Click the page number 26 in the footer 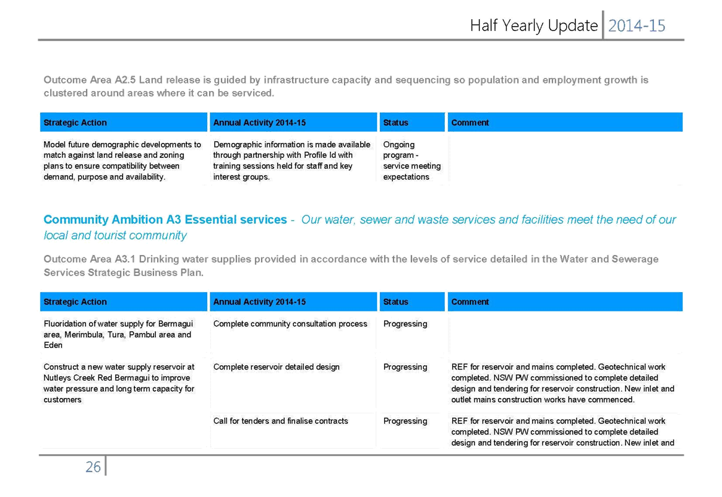click(x=93, y=467)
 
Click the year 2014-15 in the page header click(x=637, y=26)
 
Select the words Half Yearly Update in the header click(x=534, y=26)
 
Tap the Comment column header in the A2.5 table click(x=470, y=123)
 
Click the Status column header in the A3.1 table click(x=395, y=301)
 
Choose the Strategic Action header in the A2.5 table click(x=75, y=123)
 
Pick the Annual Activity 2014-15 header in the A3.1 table click(x=259, y=301)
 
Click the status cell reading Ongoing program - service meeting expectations click(x=411, y=160)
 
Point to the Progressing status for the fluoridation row click(x=405, y=324)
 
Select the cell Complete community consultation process click(x=290, y=324)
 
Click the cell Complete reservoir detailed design click(x=277, y=367)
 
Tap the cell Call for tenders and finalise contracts click(x=280, y=421)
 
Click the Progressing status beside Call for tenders click(x=405, y=421)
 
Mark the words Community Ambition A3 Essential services click(x=165, y=220)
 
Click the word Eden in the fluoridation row click(x=53, y=345)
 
